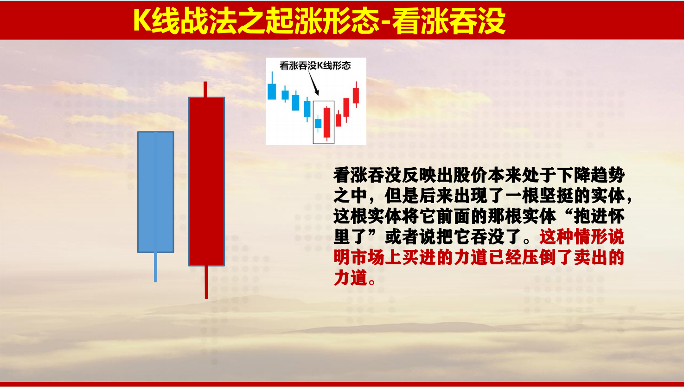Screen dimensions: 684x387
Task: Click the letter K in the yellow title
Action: [142, 20]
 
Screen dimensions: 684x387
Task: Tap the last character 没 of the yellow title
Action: [491, 21]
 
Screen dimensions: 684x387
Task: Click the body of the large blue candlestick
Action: [156, 192]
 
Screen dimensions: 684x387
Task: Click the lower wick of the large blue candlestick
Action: [156, 267]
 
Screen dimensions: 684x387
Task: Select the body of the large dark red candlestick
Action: [207, 181]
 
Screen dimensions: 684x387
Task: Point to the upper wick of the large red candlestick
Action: [205, 89]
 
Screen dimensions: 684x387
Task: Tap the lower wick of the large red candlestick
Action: [206, 282]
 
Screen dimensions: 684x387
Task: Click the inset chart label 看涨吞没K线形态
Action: [315, 66]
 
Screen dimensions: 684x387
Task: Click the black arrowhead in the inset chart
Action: [317, 92]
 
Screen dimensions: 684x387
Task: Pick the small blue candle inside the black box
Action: [318, 124]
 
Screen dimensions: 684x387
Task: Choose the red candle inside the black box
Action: [327, 123]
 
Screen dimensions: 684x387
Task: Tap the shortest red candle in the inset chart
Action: [339, 120]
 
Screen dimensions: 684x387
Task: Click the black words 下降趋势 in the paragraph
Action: [591, 175]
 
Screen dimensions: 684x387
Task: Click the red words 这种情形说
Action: [582, 237]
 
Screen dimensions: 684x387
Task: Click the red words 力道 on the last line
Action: [351, 278]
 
